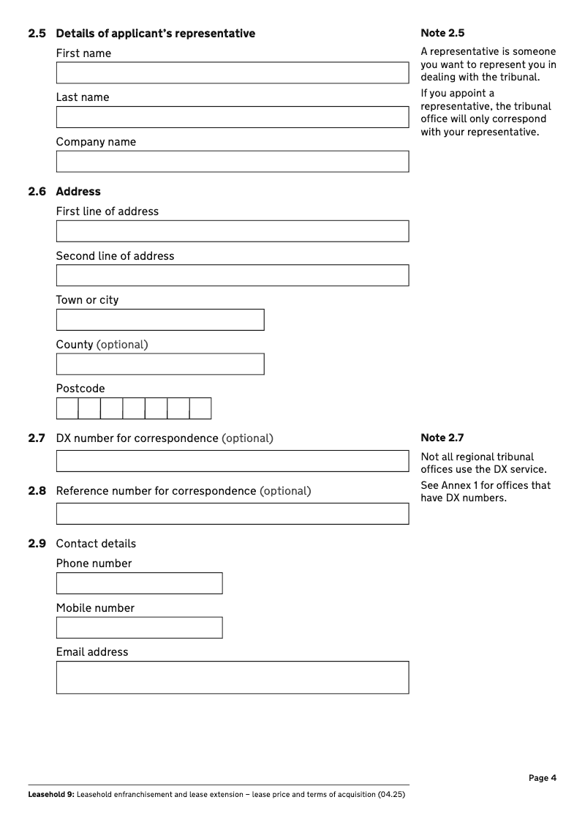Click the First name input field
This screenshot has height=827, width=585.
(232, 73)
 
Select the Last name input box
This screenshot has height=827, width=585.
(232, 117)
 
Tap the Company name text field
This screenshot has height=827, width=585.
(232, 162)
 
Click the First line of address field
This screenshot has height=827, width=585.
(232, 231)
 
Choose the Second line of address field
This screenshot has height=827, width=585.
(232, 275)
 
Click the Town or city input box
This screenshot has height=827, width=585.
(160, 320)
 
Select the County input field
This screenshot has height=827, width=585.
(160, 364)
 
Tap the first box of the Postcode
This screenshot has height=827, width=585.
(67, 408)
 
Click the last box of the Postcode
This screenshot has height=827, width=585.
(200, 408)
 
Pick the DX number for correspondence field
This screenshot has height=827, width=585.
(232, 461)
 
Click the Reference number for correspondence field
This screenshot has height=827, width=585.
(232, 514)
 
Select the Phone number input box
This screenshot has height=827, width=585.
(139, 583)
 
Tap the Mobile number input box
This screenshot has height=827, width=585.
(139, 628)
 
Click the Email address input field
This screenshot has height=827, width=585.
(232, 678)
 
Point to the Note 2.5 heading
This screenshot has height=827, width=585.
(442, 33)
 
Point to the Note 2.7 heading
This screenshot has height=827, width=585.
(442, 438)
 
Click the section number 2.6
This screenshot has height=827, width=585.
(37, 192)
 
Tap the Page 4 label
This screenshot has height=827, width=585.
(543, 778)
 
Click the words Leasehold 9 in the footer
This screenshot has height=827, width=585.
(50, 794)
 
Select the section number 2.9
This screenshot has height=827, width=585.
(37, 544)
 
